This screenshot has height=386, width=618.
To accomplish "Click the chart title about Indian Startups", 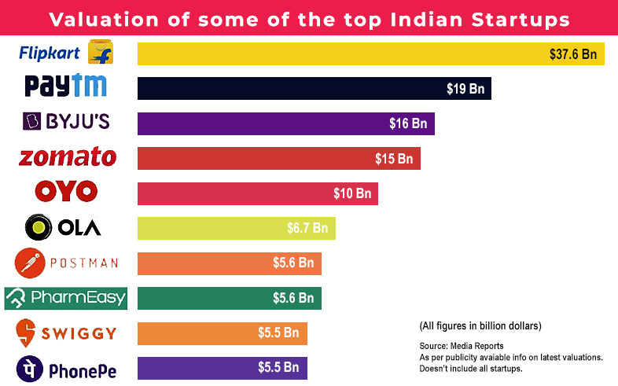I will (309, 18).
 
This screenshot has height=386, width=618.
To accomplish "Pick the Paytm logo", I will (66, 86).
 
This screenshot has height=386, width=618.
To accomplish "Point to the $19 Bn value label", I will (465, 89).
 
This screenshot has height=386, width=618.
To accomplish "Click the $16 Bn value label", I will (407, 123).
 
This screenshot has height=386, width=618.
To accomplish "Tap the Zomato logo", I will (67, 157).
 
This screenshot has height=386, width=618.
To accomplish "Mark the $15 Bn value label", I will (393, 159).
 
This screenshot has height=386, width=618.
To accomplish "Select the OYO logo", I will (66, 191).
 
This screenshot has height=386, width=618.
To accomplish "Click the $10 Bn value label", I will (351, 193).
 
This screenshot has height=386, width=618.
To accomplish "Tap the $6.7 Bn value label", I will (307, 228).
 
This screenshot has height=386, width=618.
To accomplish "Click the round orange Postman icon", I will (29, 263).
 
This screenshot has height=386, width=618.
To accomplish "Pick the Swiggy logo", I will (66, 332).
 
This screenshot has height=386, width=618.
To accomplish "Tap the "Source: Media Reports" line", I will (461, 346).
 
